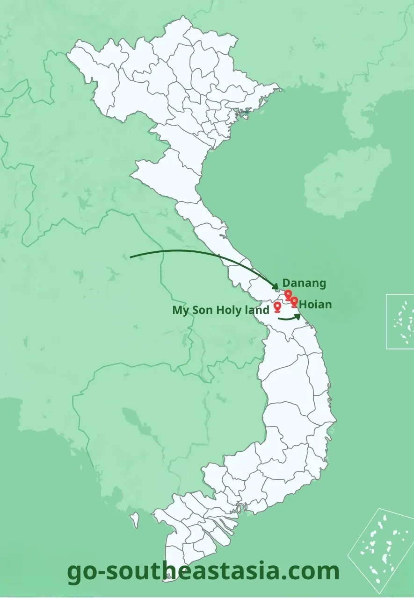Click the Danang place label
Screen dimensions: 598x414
pos(304,283)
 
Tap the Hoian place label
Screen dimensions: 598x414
pos(316,305)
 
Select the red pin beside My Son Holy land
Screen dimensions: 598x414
pos(277,307)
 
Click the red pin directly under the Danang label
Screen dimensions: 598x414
pos(288,294)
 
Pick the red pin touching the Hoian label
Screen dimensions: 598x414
pos(294,302)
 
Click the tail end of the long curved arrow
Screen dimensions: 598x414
pos(131,257)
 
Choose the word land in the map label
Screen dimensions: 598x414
pos(257,310)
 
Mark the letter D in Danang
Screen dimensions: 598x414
pos(286,283)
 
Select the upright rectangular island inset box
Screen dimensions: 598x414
pos(400,321)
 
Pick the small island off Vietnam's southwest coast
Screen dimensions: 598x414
pos(135,518)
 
